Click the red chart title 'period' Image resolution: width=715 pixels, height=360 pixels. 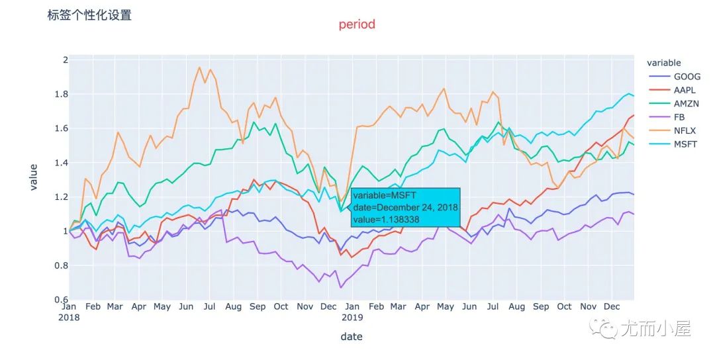357,24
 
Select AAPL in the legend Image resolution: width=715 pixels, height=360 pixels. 685,90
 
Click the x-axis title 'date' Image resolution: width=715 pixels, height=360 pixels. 352,337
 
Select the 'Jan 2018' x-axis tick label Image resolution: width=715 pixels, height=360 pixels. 70,312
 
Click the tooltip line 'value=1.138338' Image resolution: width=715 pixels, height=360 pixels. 387,219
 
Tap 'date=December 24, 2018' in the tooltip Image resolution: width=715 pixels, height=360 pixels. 405,207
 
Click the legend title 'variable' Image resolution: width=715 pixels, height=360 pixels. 663,63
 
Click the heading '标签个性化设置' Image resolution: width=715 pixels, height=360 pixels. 89,15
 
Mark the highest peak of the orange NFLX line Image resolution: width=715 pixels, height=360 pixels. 199,67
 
